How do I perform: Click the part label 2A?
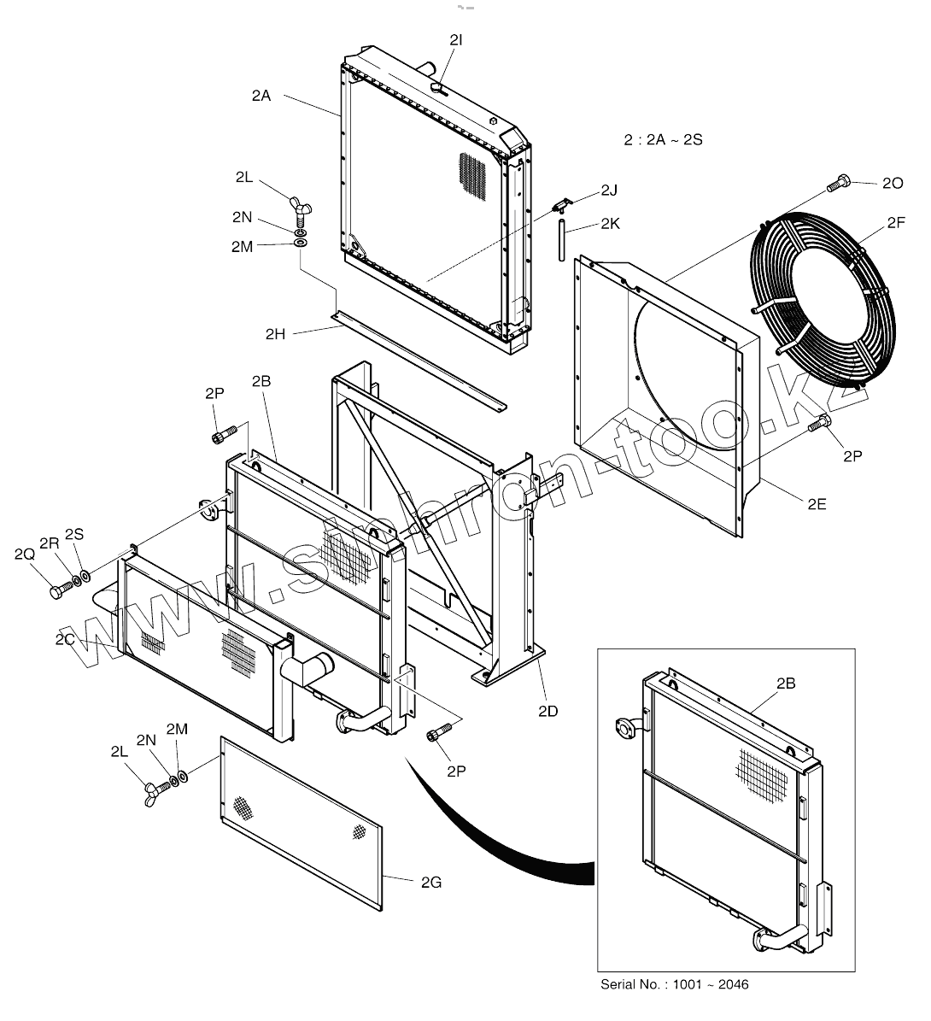(261, 97)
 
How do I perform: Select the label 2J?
(608, 190)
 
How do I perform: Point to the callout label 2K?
(609, 225)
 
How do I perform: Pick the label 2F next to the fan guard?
(895, 223)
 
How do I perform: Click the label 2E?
(817, 504)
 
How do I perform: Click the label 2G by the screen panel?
(431, 883)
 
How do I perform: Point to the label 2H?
(276, 334)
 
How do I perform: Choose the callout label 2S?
(74, 534)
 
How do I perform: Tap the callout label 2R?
(50, 543)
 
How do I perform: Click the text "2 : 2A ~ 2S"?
(663, 139)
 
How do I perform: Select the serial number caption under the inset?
(675, 984)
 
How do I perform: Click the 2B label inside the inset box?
(786, 683)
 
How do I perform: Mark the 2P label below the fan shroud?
(852, 456)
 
